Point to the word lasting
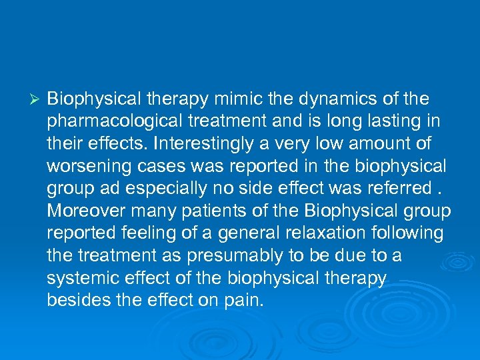pyautogui.click(x=398, y=122)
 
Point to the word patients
pyautogui.click(x=191, y=211)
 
